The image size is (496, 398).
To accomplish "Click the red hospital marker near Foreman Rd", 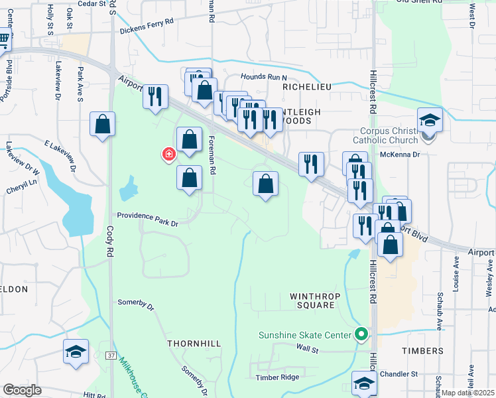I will pyautogui.click(x=169, y=155).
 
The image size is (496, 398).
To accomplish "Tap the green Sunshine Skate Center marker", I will pyautogui.click(x=361, y=334).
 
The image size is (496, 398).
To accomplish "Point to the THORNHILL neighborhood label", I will pyautogui.click(x=194, y=344).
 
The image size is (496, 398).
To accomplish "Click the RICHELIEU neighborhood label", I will pyautogui.click(x=306, y=86).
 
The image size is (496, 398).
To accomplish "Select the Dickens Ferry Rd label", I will pyautogui.click(x=147, y=27).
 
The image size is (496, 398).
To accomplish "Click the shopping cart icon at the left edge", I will pyautogui.click(x=3, y=41).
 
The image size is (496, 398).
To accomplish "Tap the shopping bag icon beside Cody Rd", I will pyautogui.click(x=103, y=124).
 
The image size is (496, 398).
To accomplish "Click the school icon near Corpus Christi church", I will pyautogui.click(x=430, y=121).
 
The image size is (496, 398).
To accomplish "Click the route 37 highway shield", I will pyautogui.click(x=110, y=356).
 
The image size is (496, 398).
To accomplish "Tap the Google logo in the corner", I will pyautogui.click(x=21, y=390).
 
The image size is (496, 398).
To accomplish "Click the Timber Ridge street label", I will pyautogui.click(x=277, y=377).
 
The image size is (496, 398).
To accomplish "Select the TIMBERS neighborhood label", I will pyautogui.click(x=422, y=350).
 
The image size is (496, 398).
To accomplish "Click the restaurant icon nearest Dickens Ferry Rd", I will pyautogui.click(x=155, y=97).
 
